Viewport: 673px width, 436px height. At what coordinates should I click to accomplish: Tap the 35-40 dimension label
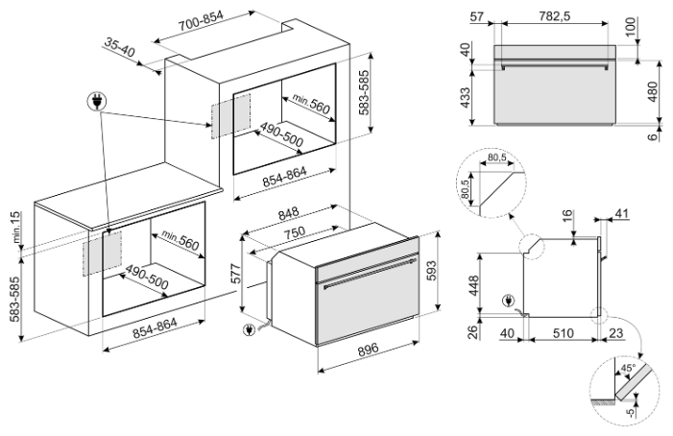click(119, 47)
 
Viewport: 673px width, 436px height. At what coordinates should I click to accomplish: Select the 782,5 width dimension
click(554, 16)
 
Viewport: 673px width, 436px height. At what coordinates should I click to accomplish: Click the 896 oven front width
click(369, 349)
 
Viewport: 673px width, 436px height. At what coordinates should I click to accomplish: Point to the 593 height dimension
click(432, 271)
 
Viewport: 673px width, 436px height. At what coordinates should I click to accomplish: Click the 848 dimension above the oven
click(288, 213)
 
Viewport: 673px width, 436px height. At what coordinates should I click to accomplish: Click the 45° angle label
click(628, 368)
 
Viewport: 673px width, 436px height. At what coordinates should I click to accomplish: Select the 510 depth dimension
click(563, 333)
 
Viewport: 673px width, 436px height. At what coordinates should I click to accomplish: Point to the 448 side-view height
click(474, 285)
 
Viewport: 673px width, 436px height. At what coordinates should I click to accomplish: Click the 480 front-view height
click(653, 91)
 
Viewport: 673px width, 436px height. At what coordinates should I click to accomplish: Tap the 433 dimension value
click(465, 98)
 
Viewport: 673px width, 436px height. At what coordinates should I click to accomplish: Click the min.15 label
click(16, 227)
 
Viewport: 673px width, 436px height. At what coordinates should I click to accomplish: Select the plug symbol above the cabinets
click(97, 102)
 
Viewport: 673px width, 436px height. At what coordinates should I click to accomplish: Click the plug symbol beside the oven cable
click(248, 329)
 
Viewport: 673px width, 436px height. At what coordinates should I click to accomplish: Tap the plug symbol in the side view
click(508, 301)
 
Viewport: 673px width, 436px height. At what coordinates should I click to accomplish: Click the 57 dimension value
click(476, 16)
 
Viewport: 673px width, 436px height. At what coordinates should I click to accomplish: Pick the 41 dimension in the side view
click(621, 213)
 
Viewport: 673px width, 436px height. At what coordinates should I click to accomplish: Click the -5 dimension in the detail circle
click(630, 412)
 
